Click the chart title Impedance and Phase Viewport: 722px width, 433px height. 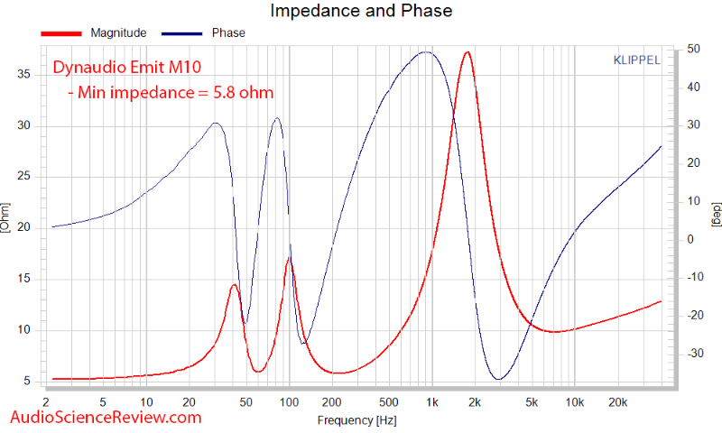(361, 11)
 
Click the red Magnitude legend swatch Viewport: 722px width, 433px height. (61, 33)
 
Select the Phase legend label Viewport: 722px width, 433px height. (228, 33)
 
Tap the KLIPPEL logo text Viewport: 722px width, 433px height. (636, 60)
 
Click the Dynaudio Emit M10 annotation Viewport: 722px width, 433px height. (127, 67)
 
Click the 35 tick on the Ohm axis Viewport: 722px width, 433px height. (24, 75)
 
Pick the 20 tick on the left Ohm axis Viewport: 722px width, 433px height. (24, 227)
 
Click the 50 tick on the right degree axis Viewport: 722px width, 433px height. (693, 49)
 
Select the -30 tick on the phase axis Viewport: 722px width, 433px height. (695, 354)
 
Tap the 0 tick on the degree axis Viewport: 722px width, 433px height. (690, 239)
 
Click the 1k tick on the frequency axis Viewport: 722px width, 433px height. (432, 402)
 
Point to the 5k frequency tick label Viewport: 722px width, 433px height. (532, 402)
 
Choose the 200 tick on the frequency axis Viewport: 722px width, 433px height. (331, 402)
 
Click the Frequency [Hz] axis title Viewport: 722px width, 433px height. (356, 420)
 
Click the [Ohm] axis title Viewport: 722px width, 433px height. (5, 217)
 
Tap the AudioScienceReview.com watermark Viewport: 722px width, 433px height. (106, 418)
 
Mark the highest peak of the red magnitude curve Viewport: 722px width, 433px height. (467, 52)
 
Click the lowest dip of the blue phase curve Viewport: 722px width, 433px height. (499, 379)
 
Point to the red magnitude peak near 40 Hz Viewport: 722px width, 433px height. (234, 285)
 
